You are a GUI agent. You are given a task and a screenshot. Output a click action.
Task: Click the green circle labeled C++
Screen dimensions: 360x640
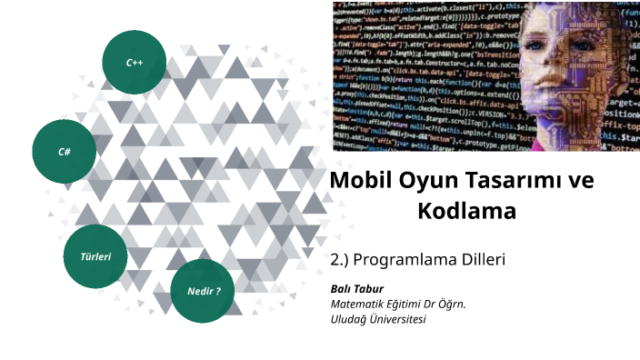[135, 63]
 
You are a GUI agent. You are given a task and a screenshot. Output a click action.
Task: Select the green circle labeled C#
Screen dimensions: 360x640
[65, 151]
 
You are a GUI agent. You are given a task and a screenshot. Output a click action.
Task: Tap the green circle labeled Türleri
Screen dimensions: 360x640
[95, 256]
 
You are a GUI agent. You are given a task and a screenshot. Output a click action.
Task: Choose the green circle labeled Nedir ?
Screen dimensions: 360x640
[204, 291]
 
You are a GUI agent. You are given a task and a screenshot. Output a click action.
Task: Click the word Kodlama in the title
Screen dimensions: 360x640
[466, 212]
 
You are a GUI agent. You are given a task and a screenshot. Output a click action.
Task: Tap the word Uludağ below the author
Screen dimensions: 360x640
[350, 319]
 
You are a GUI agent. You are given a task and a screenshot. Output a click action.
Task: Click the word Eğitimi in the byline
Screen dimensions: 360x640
[405, 305]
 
